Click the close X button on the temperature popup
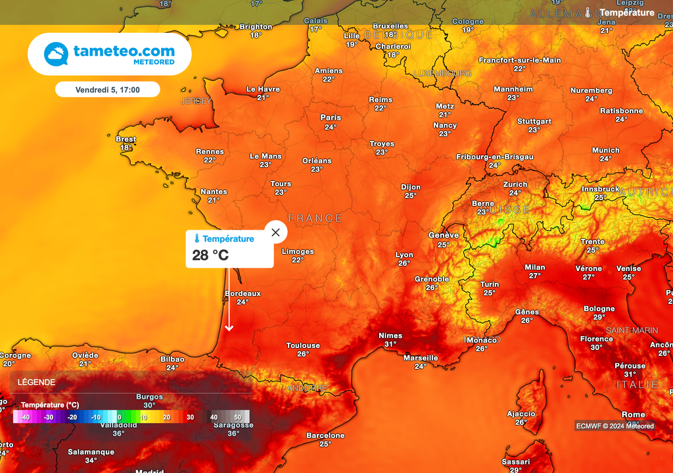click(275, 232)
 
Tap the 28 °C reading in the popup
click(210, 255)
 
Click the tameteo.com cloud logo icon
click(56, 54)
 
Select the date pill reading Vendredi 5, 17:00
click(107, 89)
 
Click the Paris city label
click(331, 118)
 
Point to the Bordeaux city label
click(243, 293)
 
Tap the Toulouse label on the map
click(303, 345)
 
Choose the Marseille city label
click(421, 358)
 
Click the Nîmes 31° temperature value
click(390, 344)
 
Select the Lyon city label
click(404, 255)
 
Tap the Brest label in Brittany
click(126, 139)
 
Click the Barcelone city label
click(325, 436)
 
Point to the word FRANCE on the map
click(315, 218)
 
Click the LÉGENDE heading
click(36, 382)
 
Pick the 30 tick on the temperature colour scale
click(190, 417)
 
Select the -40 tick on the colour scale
click(25, 417)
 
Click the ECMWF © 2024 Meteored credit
click(615, 426)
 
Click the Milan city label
click(534, 267)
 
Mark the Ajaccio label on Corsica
click(521, 414)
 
